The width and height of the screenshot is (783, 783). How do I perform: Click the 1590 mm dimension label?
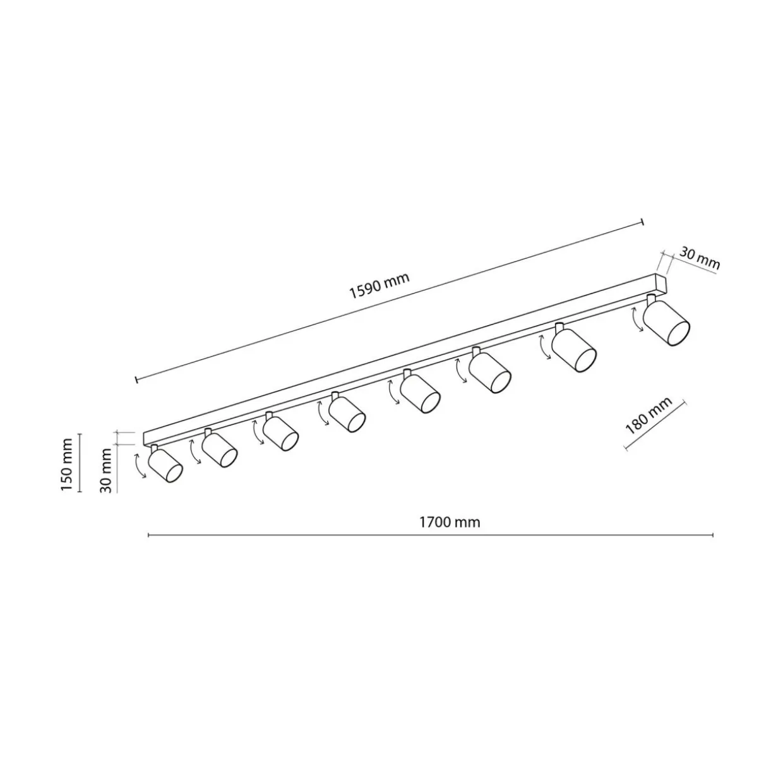[379, 285]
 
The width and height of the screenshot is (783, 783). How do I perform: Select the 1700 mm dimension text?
[450, 522]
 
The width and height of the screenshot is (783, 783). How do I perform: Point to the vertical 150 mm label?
[67, 463]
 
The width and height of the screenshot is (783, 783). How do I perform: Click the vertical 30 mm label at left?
[105, 470]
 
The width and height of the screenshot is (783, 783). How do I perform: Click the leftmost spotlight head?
[165, 465]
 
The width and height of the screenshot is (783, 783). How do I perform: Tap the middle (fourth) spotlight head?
[347, 415]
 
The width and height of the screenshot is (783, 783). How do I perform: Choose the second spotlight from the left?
[219, 450]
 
